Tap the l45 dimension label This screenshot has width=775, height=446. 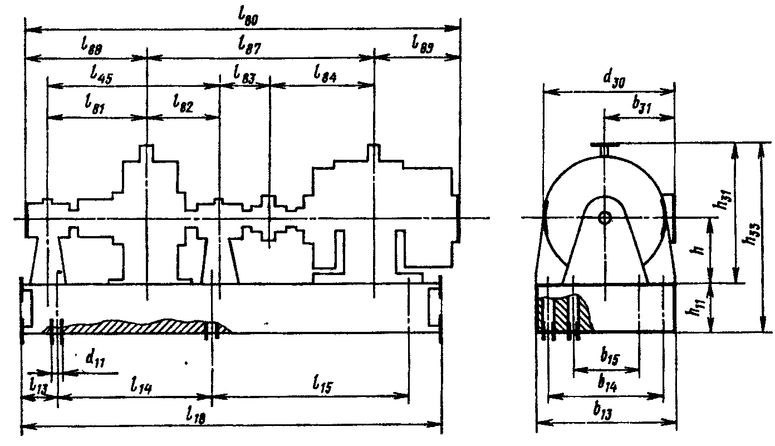(101, 76)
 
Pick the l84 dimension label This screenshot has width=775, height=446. (325, 74)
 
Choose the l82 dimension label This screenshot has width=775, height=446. (183, 104)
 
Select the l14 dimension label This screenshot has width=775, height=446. (141, 384)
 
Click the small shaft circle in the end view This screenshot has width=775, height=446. (604, 218)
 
